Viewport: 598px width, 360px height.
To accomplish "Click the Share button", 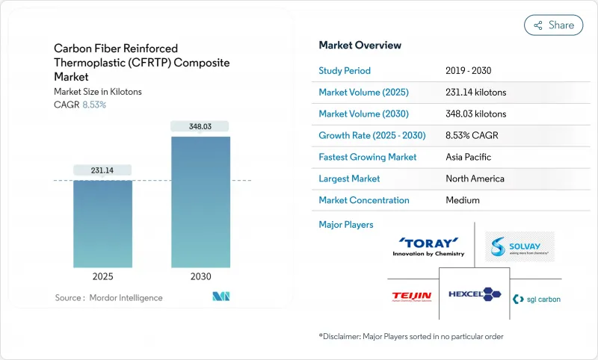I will tap(553, 25).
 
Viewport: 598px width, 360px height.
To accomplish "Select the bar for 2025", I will tap(103, 224).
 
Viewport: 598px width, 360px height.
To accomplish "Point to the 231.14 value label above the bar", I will tap(103, 170).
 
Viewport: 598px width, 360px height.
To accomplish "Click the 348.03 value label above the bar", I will tap(200, 126).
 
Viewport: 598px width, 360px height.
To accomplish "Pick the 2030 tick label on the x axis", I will tap(200, 276).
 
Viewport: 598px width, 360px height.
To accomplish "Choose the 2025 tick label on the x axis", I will tap(103, 276).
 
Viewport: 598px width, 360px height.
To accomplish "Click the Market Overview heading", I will tap(360, 46).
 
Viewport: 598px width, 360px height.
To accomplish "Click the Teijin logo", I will tap(412, 296).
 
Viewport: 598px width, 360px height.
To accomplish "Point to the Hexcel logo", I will tap(475, 294).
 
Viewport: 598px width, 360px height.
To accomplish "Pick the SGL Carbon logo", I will tap(536, 299).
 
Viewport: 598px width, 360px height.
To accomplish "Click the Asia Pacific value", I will tap(468, 157).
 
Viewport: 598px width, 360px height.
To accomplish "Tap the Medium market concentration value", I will tap(463, 200).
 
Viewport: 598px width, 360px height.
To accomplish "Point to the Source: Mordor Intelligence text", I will tap(108, 298).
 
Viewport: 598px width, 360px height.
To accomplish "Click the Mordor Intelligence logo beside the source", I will tap(221, 297).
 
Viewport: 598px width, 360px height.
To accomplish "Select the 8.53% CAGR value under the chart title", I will tap(93, 105).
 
